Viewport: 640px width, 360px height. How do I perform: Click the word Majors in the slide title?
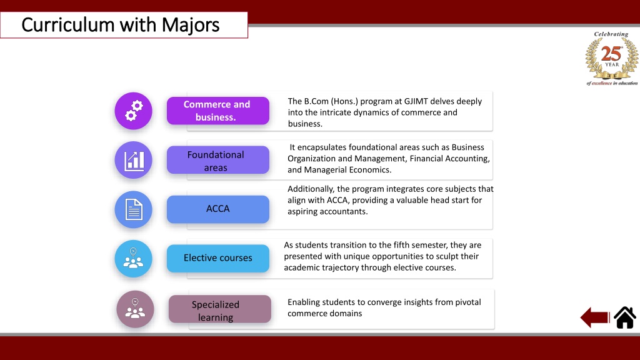[190, 25]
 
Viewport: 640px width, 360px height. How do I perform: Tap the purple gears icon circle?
[134, 111]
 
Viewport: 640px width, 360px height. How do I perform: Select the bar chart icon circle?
[134, 160]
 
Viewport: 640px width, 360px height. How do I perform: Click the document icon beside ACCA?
[134, 209]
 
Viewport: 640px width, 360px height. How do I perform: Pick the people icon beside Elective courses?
[134, 259]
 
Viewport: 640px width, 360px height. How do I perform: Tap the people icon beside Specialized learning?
[135, 309]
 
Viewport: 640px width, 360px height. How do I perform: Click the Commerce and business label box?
[218, 111]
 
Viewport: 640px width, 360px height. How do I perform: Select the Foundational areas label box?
[218, 160]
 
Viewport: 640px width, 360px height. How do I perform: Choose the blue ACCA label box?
[218, 209]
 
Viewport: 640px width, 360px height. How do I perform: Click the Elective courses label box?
[218, 258]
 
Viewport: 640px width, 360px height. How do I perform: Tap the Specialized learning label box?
[219, 309]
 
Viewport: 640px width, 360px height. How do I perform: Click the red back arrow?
[595, 317]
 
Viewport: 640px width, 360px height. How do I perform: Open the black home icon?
[625, 317]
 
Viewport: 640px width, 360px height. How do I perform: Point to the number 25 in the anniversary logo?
[611, 54]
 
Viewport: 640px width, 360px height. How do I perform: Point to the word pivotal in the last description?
[467, 302]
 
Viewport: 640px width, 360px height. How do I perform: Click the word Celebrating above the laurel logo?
[611, 34]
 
